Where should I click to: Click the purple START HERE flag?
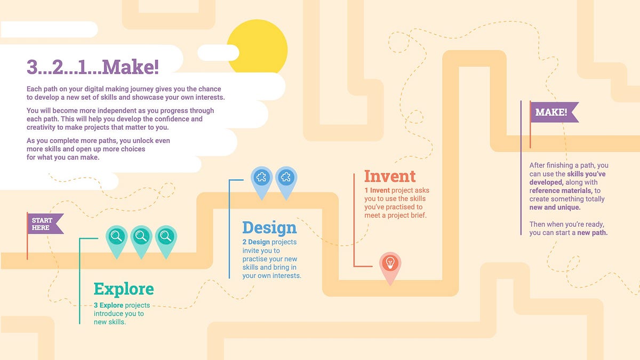pyautogui.click(x=44, y=224)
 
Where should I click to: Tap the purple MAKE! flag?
pyautogui.click(x=553, y=113)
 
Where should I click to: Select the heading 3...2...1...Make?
pyautogui.click(x=93, y=67)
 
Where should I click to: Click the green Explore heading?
pyautogui.click(x=124, y=289)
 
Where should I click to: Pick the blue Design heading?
pyautogui.click(x=269, y=228)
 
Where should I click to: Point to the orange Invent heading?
pyautogui.click(x=390, y=176)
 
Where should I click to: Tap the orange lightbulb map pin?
pyautogui.click(x=390, y=263)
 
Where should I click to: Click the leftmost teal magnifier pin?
pyautogui.click(x=117, y=236)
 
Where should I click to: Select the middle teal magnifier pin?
pyautogui.click(x=141, y=236)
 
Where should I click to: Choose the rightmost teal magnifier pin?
pyautogui.click(x=166, y=236)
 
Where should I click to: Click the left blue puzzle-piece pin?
pyautogui.click(x=262, y=177)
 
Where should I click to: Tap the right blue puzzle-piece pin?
pyautogui.click(x=286, y=177)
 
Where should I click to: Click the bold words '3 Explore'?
pyautogui.click(x=108, y=306)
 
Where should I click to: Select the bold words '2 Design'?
pyautogui.click(x=259, y=242)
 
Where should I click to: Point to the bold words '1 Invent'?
pyautogui.click(x=377, y=190)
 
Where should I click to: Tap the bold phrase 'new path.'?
pyautogui.click(x=592, y=233)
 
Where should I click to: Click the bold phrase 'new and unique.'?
pyautogui.click(x=555, y=207)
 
